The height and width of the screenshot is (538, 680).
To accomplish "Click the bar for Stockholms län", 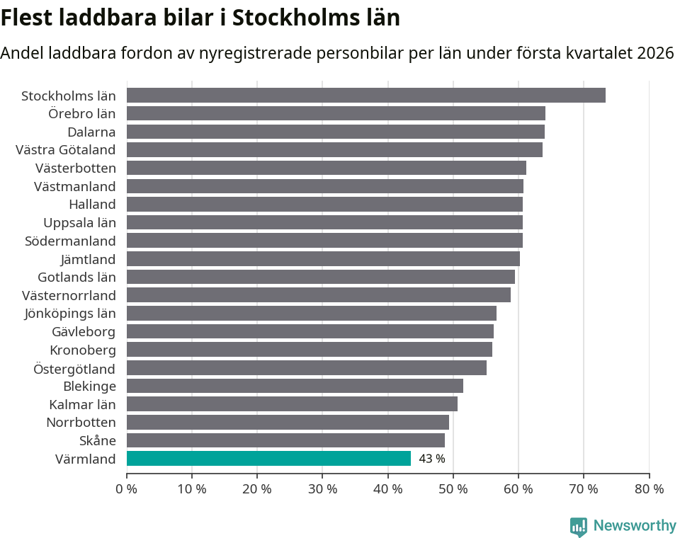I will click(365, 96).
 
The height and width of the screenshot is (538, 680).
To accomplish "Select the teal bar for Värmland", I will click(268, 459).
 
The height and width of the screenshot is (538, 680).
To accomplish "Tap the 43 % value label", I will click(432, 459).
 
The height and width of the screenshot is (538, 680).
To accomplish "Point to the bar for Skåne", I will click(285, 440).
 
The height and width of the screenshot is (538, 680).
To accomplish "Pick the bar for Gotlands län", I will click(320, 277).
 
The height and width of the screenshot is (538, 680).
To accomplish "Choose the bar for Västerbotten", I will click(326, 168).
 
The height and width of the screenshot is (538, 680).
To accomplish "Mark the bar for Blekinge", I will click(295, 386).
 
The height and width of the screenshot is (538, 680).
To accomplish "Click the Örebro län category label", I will click(82, 113).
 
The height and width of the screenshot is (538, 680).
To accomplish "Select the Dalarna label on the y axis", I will click(91, 132).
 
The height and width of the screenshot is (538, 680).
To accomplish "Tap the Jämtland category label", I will click(89, 259).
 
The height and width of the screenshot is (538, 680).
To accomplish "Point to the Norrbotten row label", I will click(81, 423).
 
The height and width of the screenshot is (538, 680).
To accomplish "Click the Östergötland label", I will click(74, 368).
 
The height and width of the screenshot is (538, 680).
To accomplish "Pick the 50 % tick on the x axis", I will click(453, 488).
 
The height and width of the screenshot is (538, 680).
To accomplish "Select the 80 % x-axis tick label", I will click(649, 488).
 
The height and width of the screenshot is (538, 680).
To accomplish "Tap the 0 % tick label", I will click(127, 488).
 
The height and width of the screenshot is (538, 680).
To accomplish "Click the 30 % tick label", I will click(322, 488).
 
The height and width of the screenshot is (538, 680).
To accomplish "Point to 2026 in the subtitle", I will click(655, 53).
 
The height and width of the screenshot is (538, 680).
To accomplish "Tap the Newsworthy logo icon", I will click(579, 526).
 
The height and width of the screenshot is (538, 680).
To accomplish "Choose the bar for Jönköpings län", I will click(311, 314).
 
